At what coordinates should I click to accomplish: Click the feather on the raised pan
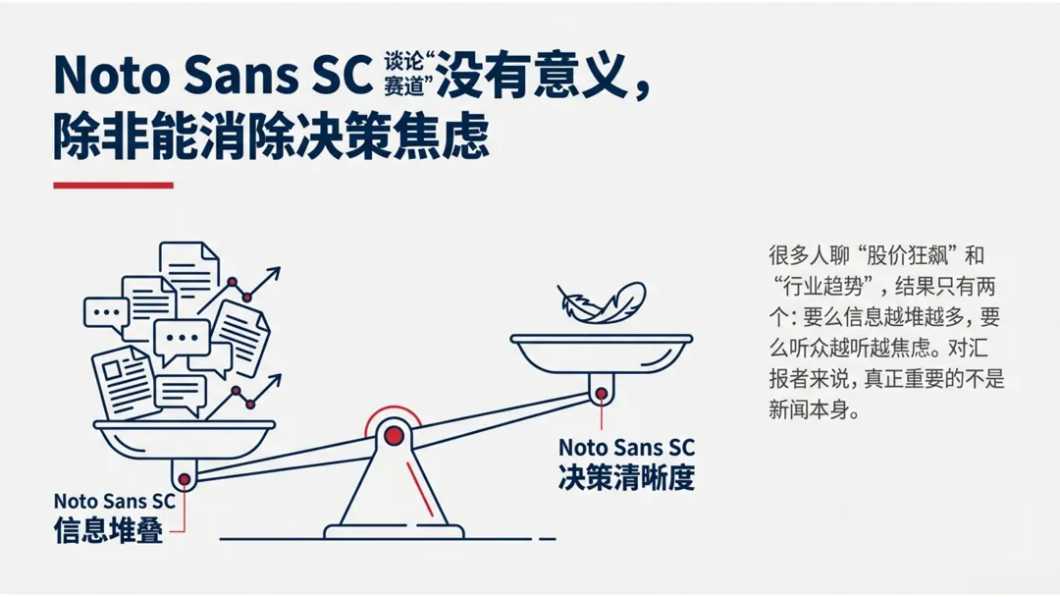click(601, 302)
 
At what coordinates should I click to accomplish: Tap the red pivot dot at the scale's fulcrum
click(394, 435)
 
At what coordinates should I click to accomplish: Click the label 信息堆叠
click(108, 528)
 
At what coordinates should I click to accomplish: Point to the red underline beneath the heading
click(113, 185)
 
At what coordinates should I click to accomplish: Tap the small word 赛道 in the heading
click(404, 85)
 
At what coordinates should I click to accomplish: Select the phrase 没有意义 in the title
click(530, 75)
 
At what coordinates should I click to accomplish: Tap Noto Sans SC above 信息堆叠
click(115, 501)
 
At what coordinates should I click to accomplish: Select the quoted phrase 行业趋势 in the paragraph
click(822, 288)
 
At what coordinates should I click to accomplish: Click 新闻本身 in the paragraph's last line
click(807, 410)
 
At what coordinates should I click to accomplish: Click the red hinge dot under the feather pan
click(600, 395)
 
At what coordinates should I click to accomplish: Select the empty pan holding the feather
click(601, 350)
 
